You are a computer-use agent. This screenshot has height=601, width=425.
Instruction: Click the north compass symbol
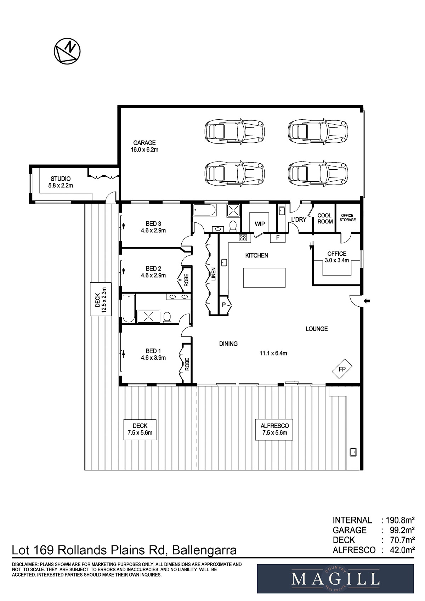pyautogui.click(x=67, y=51)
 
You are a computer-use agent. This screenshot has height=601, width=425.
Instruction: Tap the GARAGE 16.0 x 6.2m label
pyautogui.click(x=144, y=146)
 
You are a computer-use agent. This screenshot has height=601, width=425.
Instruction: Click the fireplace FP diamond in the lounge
pyautogui.click(x=342, y=369)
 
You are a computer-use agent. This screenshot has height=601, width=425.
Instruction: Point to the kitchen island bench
pyautogui.click(x=264, y=278)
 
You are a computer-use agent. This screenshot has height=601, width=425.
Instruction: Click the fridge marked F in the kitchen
pyautogui.click(x=278, y=237)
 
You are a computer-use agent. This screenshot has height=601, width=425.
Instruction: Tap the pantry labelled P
pyautogui.click(x=224, y=305)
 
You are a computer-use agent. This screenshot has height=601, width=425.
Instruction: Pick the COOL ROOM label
pyautogui.click(x=325, y=219)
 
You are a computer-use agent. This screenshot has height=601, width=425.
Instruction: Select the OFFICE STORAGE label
pyautogui.click(x=348, y=217)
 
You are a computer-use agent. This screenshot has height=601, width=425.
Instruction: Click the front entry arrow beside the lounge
pyautogui.click(x=367, y=301)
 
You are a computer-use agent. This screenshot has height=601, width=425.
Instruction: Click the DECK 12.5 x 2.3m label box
pyautogui.click(x=101, y=299)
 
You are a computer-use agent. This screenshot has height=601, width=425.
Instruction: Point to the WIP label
pyautogui.click(x=260, y=224)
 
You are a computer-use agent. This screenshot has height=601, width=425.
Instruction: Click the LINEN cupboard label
pyautogui.click(x=214, y=274)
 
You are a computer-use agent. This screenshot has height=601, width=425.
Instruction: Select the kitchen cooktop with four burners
pyautogui.click(x=243, y=237)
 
